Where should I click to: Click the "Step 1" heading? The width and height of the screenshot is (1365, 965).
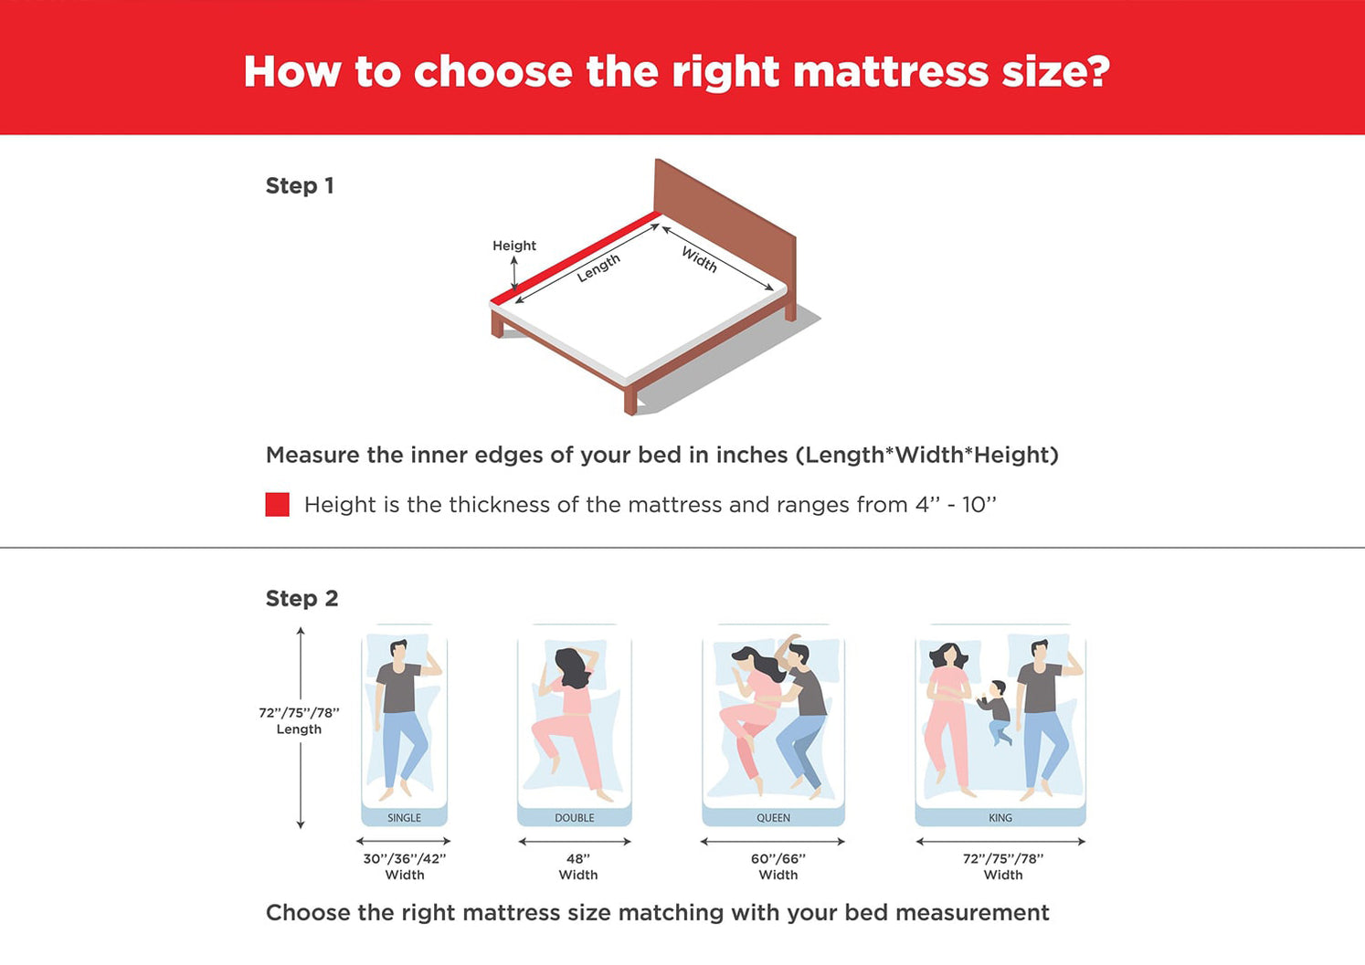tap(299, 185)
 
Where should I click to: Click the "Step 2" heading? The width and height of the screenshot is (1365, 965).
tap(302, 599)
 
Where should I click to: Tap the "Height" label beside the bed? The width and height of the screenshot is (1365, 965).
tap(514, 246)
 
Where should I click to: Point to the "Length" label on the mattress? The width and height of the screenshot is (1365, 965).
tap(598, 267)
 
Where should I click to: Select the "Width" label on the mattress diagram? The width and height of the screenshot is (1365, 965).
tap(699, 259)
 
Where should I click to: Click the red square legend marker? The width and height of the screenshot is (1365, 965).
tap(277, 504)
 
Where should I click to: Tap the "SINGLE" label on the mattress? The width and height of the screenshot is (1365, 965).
tap(404, 818)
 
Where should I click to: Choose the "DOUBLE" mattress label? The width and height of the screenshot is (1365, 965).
tap(574, 818)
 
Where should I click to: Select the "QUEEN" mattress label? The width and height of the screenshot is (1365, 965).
tap(773, 818)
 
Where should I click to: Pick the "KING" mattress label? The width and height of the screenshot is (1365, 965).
tap(1000, 818)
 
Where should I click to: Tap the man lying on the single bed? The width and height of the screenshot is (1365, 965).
tap(402, 719)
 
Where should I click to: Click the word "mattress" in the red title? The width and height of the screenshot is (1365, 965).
tap(891, 72)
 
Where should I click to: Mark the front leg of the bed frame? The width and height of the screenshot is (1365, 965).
tap(630, 401)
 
